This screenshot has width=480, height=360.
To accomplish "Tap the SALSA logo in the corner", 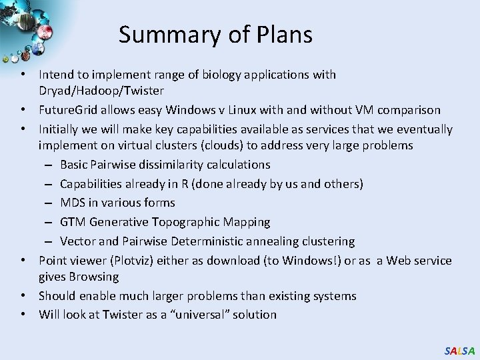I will pyautogui.click(x=460, y=350).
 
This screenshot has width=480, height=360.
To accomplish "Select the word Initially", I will pyautogui.click(x=60, y=129).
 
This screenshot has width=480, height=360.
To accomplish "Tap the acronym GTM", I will pyautogui.click(x=73, y=222).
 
